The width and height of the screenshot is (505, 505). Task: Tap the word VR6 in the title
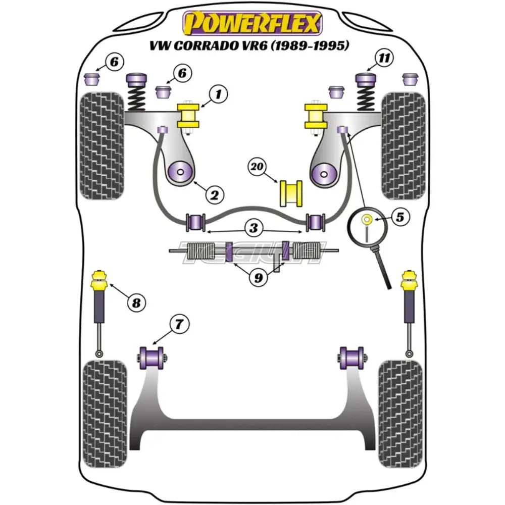(257, 46)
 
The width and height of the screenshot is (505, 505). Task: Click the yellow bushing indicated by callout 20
(290, 192)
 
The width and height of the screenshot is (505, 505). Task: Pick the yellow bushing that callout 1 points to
(190, 117)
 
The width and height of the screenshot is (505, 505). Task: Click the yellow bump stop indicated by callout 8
(99, 280)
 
